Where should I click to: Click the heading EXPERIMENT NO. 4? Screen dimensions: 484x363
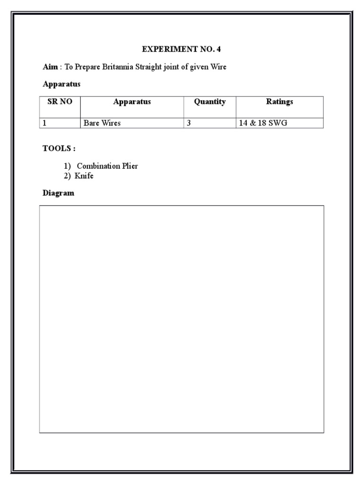tap(181, 49)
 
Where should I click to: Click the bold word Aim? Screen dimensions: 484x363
tap(50, 67)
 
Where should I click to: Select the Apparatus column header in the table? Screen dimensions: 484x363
tap(132, 102)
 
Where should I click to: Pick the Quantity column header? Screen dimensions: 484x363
tap(210, 102)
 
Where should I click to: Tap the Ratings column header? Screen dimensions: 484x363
tap(279, 102)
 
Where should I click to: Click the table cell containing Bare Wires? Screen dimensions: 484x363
tap(102, 123)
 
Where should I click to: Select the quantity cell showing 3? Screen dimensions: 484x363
tap(189, 123)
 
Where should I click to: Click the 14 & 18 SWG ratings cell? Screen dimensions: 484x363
tap(263, 123)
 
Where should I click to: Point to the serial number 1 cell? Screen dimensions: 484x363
tap(45, 123)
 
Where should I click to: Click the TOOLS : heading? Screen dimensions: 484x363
tap(59, 148)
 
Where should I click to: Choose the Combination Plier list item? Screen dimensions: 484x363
tap(107, 166)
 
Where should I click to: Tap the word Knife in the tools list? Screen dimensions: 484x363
tap(84, 176)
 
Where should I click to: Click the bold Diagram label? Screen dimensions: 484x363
tap(59, 193)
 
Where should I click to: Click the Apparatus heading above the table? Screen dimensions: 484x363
tap(61, 84)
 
